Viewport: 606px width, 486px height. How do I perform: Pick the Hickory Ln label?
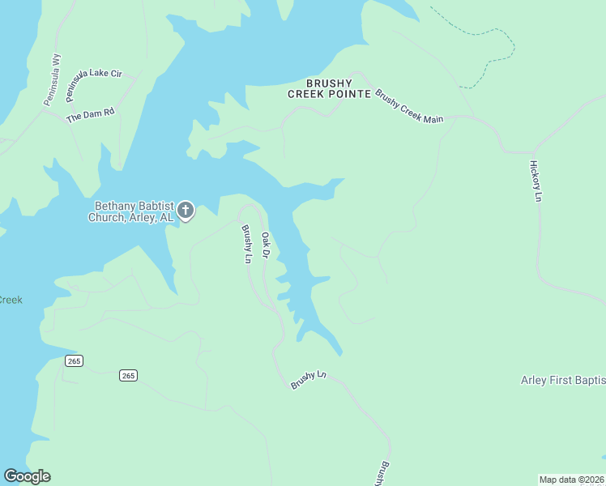(535, 180)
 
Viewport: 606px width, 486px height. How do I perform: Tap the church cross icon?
(186, 211)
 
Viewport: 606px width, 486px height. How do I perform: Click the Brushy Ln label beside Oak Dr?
(246, 244)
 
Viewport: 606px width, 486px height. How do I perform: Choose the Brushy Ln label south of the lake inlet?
(308, 380)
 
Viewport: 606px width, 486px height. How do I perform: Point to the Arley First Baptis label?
(563, 380)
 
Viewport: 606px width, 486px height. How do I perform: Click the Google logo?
(27, 476)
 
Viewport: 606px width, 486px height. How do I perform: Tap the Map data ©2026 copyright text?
(571, 479)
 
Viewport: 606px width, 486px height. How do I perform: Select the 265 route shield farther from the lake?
(127, 375)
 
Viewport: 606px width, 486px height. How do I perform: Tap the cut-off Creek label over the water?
(11, 300)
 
